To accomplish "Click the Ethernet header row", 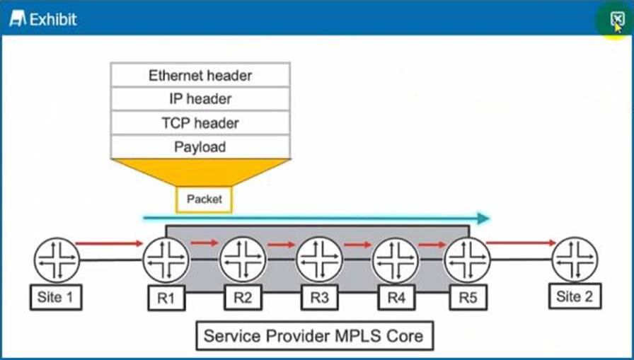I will coord(200,75).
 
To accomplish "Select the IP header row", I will coord(200,99).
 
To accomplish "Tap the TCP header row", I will coord(200,123).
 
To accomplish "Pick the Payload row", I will coord(200,147).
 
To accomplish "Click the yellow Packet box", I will coord(204,199).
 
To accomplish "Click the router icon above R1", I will coord(166,260).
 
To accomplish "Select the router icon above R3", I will coord(319,260).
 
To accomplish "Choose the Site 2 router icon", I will coord(575,260).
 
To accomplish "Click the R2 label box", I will coord(243,298).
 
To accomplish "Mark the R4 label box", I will coord(396,298).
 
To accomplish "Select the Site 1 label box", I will coord(55,297).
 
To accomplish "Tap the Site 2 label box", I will coord(575,296).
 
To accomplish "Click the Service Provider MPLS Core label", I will coord(314,335).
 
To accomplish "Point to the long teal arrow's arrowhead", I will coord(483,219).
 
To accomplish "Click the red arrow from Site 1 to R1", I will coord(109,244).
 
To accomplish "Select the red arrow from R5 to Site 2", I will coord(521,243).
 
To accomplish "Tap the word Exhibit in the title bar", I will coord(52,19).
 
